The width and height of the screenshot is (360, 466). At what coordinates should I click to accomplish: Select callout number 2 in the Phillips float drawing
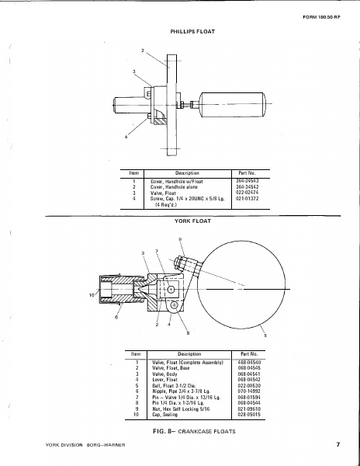(x=143, y=50)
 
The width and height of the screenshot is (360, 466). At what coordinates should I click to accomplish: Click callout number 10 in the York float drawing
(x=90, y=294)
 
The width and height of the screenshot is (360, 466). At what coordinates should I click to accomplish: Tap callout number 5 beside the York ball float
(x=265, y=336)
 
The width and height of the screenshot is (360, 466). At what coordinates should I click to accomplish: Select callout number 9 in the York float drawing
(x=180, y=238)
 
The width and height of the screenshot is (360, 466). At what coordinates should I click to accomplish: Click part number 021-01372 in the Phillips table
(x=246, y=198)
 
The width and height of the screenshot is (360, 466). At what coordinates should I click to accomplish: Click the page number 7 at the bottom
(x=338, y=445)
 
